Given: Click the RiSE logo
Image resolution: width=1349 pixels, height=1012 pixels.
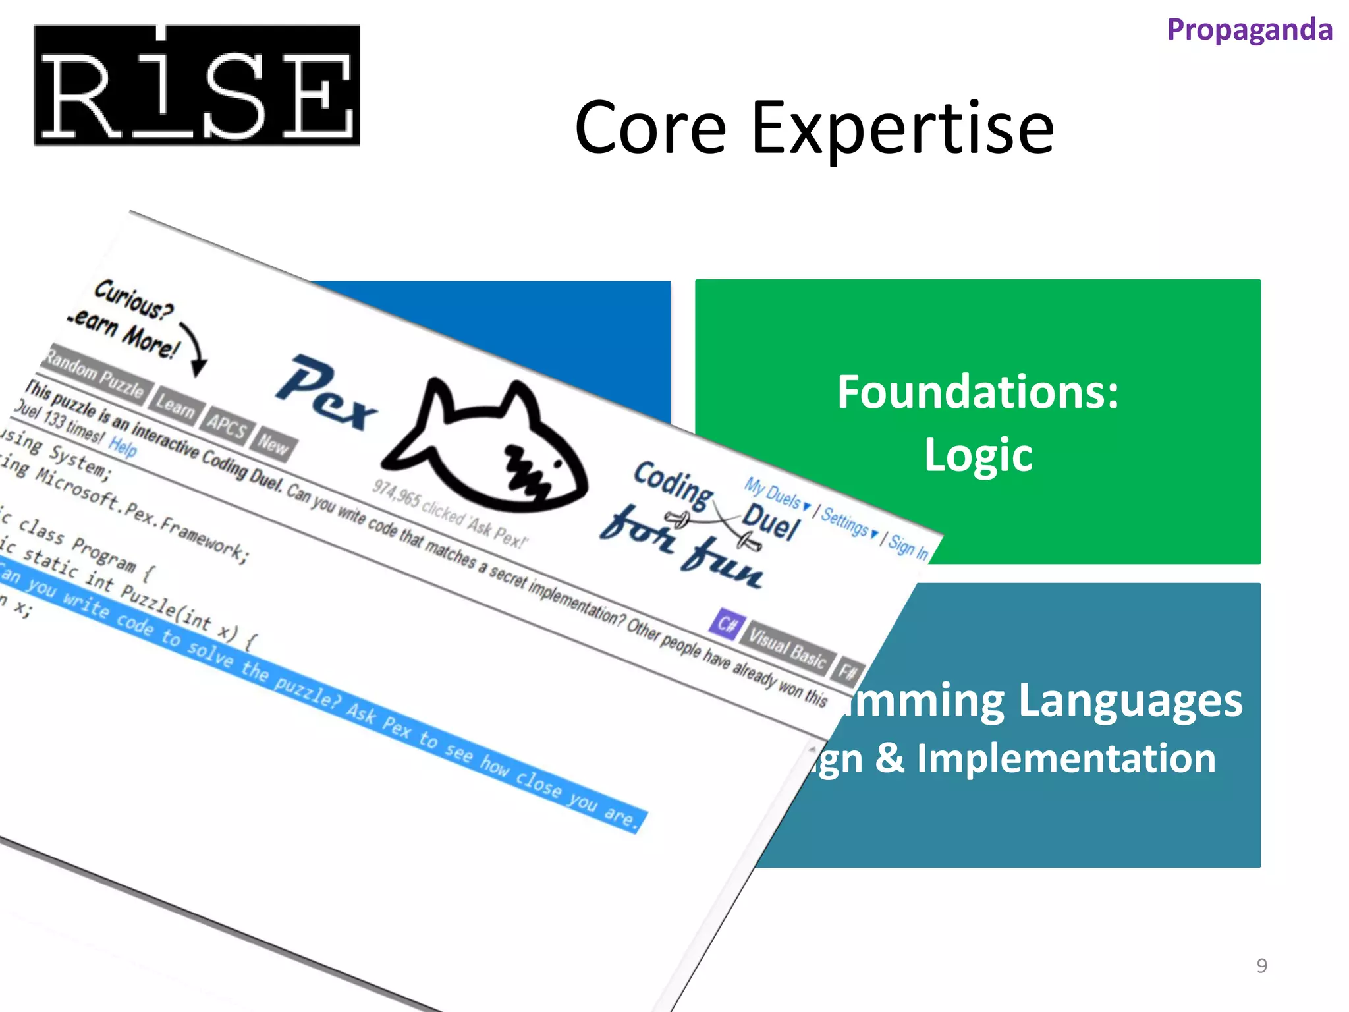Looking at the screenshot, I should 196,85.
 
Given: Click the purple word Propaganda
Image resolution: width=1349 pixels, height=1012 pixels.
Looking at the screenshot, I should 1250,30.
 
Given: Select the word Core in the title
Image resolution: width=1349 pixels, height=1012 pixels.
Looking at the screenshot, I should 650,128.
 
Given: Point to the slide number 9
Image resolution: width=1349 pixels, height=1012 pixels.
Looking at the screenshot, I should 1261,965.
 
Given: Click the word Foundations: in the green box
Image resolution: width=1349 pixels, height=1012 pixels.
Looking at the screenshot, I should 977,392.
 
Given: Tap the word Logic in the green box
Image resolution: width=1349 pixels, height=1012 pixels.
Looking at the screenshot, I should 977,455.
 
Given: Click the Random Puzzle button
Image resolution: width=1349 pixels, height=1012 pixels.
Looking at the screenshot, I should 96,375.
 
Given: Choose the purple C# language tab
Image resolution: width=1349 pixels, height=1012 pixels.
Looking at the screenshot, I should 727,623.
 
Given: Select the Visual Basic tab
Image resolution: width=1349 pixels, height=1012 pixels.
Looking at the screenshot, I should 788,648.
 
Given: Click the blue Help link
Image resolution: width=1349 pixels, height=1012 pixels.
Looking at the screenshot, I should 123,447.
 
